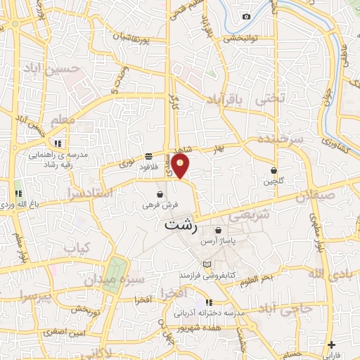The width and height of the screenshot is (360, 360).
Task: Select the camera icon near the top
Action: [x=246, y=16]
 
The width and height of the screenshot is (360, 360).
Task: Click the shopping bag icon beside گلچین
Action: [x=274, y=170]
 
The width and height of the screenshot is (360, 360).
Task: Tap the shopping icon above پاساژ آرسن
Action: [x=219, y=230]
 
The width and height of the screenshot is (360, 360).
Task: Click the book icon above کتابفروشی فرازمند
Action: [x=206, y=264]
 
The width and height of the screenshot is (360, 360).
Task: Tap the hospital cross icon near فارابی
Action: [x=332, y=345]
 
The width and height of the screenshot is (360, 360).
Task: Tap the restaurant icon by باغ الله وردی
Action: [x=18, y=193]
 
